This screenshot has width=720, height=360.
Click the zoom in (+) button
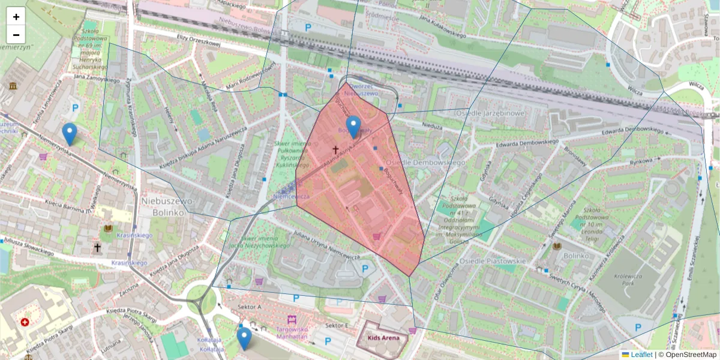tap(16, 17)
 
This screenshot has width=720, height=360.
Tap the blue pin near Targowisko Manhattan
tap(244, 338)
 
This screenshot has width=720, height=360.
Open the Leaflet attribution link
tap(641, 355)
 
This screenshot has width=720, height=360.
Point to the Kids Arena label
tap(383, 338)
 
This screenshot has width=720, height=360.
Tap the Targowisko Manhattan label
tap(292, 333)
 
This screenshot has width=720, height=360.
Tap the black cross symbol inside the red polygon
tap(335, 150)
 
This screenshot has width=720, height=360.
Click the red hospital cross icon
tap(25, 322)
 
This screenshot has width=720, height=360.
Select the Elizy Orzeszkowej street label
tap(199, 40)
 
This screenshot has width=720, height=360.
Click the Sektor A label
tap(250, 307)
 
